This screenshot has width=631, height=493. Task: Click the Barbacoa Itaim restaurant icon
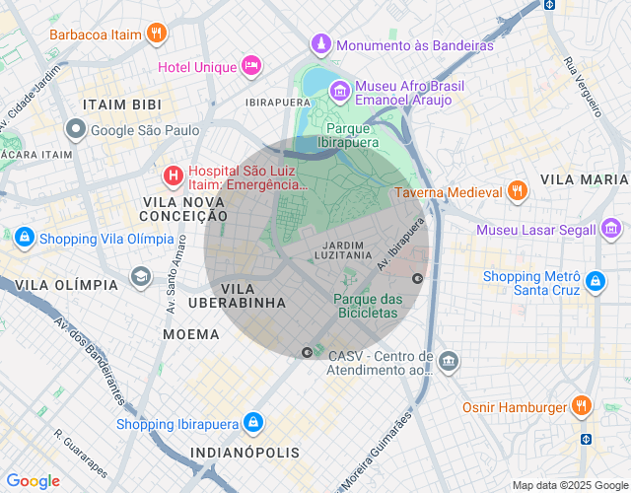156,34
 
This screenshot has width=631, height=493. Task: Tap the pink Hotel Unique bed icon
250,67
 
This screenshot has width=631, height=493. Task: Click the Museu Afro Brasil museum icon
339,91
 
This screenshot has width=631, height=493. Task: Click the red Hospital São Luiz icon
174,176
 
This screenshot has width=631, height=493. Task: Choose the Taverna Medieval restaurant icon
517,192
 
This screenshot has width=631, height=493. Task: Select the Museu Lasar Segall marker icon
609,230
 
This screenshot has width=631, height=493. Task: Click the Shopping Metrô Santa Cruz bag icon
595,282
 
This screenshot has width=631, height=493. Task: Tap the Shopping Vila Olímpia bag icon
24,238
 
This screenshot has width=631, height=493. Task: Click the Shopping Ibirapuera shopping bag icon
253,423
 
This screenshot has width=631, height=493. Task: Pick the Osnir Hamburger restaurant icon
582,406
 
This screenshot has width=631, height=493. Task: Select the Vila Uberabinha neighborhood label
252,296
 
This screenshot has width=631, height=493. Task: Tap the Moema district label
191,334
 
